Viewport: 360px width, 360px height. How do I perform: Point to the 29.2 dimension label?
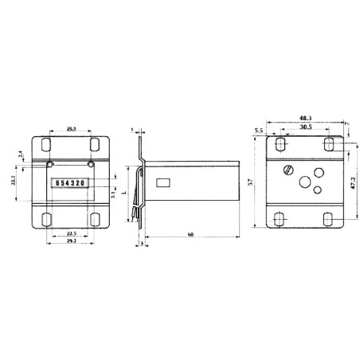pos(71,241)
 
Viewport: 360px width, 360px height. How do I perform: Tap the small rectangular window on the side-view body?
pos(164,182)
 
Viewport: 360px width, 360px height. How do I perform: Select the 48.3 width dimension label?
pos(304,115)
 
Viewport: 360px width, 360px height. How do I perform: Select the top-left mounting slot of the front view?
pos(45,144)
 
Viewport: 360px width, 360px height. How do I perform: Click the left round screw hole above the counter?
pos(50,165)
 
